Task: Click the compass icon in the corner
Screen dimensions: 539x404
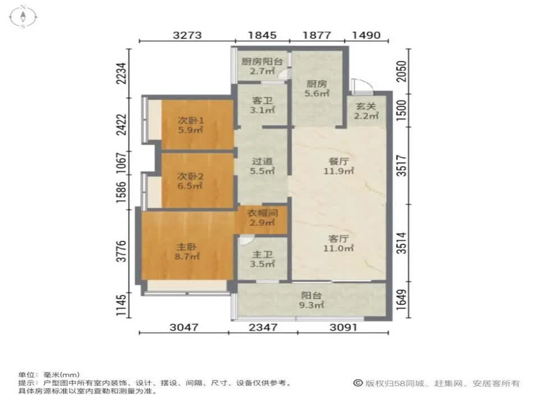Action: click(23, 16)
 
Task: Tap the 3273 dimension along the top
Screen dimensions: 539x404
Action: click(187, 35)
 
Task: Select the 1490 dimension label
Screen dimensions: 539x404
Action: click(367, 35)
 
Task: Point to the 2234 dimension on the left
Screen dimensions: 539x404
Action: click(122, 74)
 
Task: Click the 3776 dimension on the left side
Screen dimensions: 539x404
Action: click(122, 251)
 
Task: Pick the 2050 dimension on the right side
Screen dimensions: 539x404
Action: click(401, 71)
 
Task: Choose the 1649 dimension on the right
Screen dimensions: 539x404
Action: click(401, 300)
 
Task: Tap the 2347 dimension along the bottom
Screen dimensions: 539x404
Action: click(263, 327)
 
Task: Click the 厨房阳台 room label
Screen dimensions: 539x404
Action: click(262, 62)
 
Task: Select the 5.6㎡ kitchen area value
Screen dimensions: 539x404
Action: click(317, 93)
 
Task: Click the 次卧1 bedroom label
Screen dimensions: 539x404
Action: click(190, 120)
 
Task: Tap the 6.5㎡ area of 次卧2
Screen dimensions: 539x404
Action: click(190, 186)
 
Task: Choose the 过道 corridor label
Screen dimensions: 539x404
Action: click(262, 161)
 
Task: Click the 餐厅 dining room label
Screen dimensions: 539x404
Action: click(339, 161)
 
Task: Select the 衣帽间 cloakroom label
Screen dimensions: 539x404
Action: click(262, 213)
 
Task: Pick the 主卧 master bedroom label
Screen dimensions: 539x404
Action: click(186, 247)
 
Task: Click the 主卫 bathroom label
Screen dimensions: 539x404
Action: click(262, 255)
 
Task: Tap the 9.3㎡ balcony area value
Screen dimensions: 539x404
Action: click(312, 305)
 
